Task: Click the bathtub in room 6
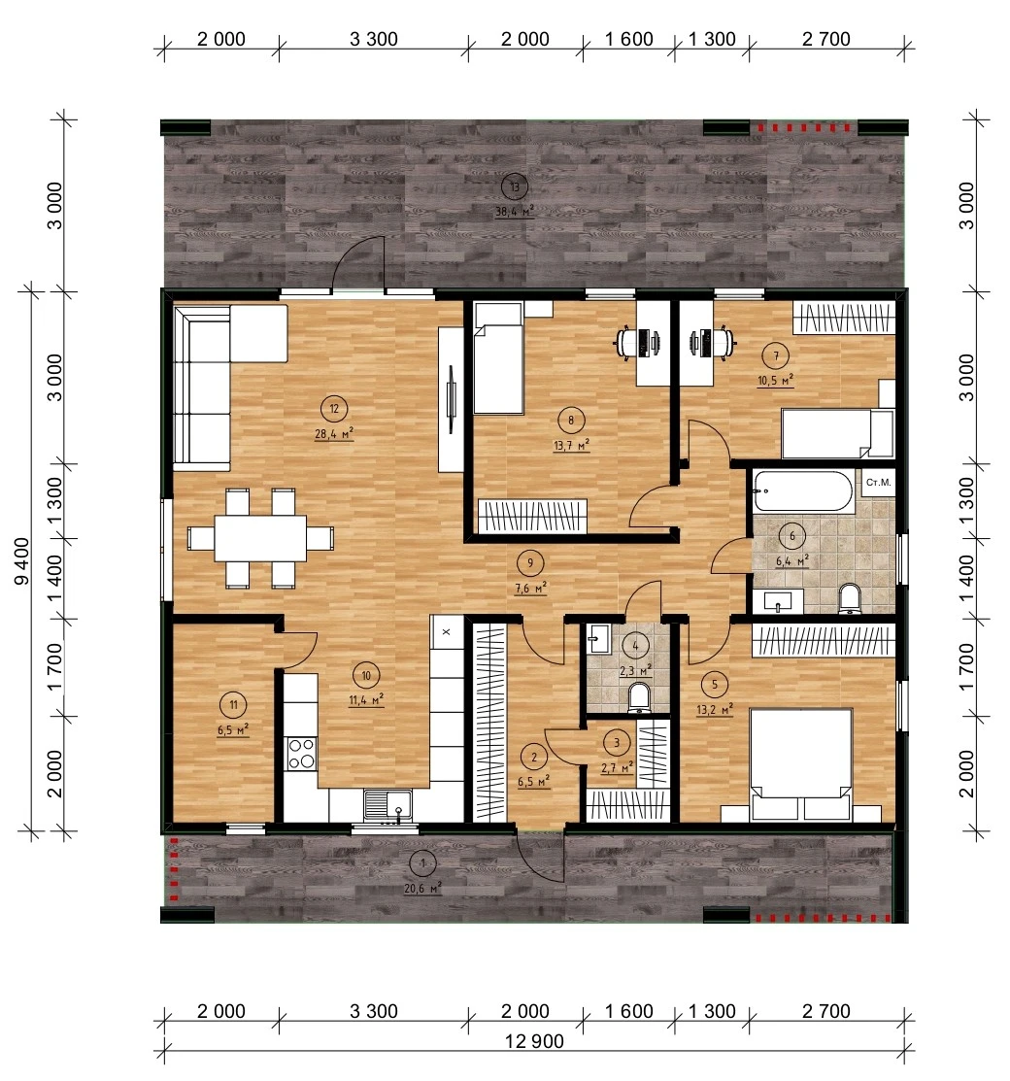pyautogui.click(x=802, y=490)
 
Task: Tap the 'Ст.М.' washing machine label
pyautogui.click(x=878, y=483)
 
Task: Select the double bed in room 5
pyautogui.click(x=801, y=764)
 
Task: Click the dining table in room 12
pyautogui.click(x=260, y=538)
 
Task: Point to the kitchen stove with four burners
pyautogui.click(x=301, y=753)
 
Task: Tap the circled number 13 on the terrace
pyautogui.click(x=515, y=186)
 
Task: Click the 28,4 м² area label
pyautogui.click(x=334, y=433)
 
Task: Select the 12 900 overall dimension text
pyautogui.click(x=534, y=1041)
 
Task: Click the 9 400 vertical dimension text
pyautogui.click(x=22, y=561)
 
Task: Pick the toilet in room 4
pyautogui.click(x=640, y=696)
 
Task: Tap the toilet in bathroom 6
pyautogui.click(x=850, y=597)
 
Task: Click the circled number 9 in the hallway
pyautogui.click(x=529, y=563)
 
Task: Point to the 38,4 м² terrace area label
pyautogui.click(x=515, y=212)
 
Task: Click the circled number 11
pyautogui.click(x=233, y=704)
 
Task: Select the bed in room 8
pyautogui.click(x=498, y=358)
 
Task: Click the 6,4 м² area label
pyautogui.click(x=792, y=560)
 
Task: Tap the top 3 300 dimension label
pyautogui.click(x=374, y=39)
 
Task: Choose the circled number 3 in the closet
pyautogui.click(x=617, y=742)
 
